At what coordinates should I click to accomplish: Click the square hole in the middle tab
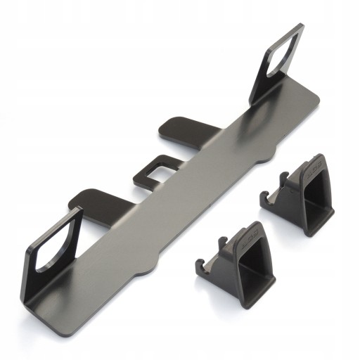160,168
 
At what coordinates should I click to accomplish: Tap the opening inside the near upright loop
54,239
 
